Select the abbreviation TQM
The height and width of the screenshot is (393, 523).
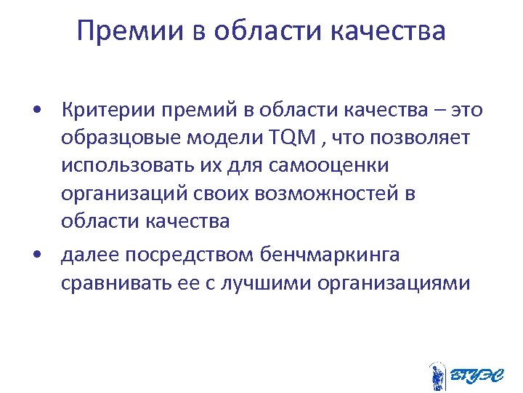point(290,138)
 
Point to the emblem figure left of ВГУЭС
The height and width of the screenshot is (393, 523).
point(437,376)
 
